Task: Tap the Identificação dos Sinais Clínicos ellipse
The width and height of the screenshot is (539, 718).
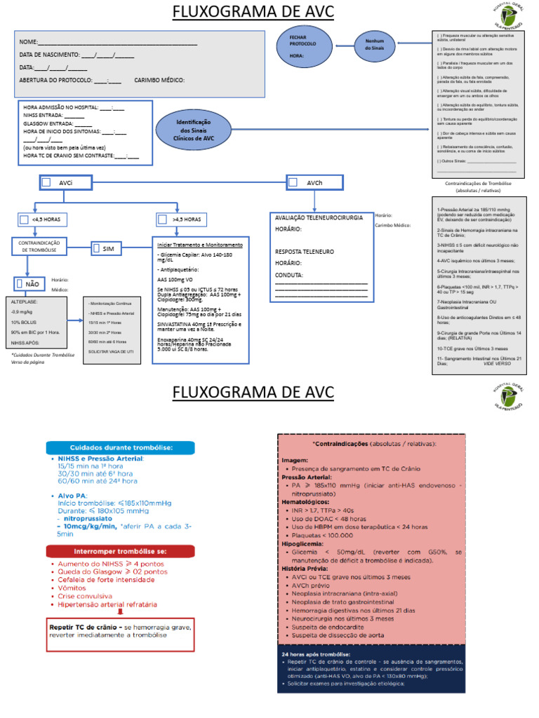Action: (x=194, y=130)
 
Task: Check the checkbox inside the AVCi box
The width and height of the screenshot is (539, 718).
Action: (x=47, y=182)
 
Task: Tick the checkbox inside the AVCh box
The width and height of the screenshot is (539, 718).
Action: (x=293, y=182)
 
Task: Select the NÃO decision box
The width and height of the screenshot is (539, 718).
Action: (x=28, y=284)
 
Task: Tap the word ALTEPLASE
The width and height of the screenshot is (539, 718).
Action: (x=25, y=301)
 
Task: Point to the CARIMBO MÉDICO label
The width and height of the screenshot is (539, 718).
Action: (x=159, y=80)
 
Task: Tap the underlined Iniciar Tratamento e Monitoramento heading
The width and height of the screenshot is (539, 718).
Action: (x=200, y=245)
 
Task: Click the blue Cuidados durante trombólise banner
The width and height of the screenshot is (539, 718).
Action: (x=120, y=447)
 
